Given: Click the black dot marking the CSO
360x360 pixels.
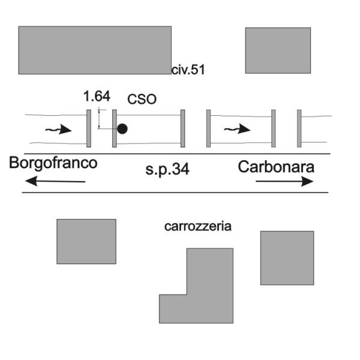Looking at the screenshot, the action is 122,129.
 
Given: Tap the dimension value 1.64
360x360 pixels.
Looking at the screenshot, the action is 97,96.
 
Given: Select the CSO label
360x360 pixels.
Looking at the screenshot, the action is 142,99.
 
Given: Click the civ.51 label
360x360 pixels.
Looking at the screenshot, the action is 188,70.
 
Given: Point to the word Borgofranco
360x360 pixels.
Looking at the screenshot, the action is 53,163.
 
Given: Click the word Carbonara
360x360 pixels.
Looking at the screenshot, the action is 276,167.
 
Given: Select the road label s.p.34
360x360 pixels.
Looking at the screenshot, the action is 167,170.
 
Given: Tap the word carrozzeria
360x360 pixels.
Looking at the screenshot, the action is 197,226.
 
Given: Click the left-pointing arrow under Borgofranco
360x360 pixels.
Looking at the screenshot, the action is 55,181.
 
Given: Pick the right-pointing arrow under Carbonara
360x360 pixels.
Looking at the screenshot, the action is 284,181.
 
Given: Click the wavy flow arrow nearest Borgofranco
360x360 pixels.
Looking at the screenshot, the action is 59,130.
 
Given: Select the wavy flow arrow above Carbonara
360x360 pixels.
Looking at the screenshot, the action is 237,129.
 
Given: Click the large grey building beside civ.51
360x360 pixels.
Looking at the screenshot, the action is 95,50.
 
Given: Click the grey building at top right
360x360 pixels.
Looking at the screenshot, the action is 278,50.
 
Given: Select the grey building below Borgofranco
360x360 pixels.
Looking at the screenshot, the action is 86,242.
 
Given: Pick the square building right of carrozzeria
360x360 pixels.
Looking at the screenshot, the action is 287,258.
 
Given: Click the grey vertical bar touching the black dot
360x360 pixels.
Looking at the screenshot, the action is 115,128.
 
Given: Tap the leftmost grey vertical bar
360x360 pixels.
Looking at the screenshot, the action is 89,128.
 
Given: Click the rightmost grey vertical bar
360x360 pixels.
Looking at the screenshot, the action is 299,128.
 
